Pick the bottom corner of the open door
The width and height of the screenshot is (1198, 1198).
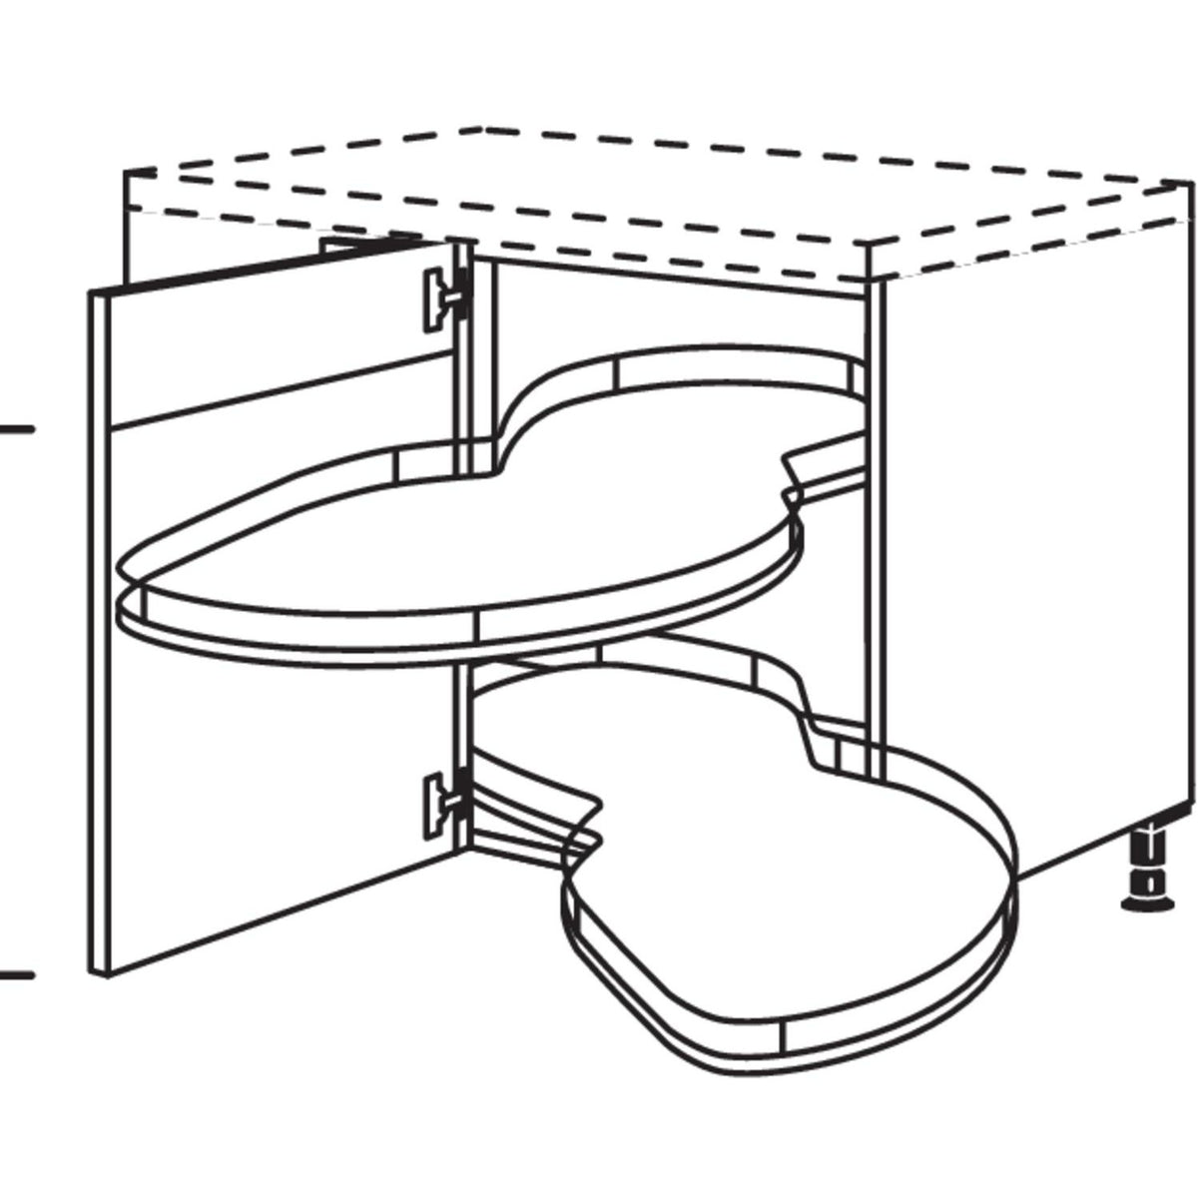[100, 972]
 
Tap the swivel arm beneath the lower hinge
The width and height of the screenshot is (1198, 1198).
[519, 829]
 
